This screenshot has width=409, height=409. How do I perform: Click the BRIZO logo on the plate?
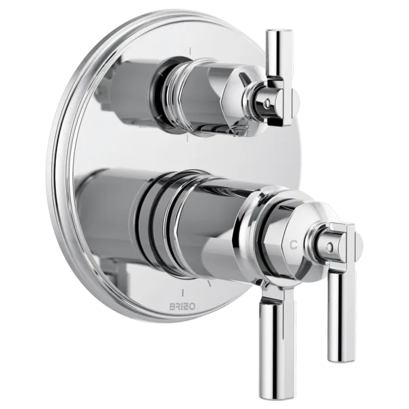point(182,307)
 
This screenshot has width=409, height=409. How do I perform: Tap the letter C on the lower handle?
point(294,245)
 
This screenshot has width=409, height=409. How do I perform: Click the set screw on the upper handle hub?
point(266,104)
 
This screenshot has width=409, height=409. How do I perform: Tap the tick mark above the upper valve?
point(190,51)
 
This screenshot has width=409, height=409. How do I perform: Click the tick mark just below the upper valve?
point(187,138)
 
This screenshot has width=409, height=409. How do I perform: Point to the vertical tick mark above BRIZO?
point(183,292)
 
